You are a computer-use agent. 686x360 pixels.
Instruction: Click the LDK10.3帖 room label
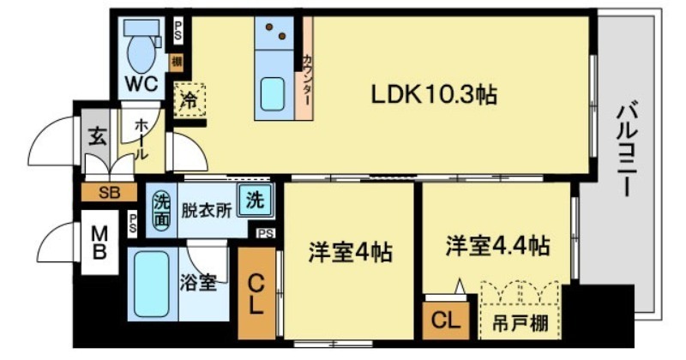[x=434, y=94]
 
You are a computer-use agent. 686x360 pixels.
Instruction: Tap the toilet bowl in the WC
[x=141, y=51]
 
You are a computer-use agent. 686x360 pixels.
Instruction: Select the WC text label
[x=141, y=83]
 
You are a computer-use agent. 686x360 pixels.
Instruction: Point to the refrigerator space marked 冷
[x=190, y=100]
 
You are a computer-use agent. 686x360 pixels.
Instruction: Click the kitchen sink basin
[x=273, y=93]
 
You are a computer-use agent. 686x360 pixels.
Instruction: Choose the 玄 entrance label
[x=98, y=136]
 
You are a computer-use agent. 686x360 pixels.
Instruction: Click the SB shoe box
[x=110, y=192]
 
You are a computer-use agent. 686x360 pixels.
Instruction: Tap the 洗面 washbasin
[x=161, y=211]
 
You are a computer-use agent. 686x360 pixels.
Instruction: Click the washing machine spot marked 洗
[x=255, y=201]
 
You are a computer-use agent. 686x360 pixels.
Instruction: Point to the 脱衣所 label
[x=207, y=211]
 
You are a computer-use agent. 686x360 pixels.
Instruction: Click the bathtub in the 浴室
[x=152, y=283]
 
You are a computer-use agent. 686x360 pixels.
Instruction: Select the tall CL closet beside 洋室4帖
[x=256, y=293]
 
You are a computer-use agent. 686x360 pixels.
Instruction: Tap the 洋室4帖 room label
[x=350, y=252]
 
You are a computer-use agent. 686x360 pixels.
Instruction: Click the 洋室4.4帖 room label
[x=498, y=245]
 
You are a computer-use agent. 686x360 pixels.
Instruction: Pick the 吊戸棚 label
[x=521, y=324]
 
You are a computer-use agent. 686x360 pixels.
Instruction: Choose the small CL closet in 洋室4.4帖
[x=446, y=321]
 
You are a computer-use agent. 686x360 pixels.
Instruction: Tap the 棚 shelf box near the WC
[x=177, y=62]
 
